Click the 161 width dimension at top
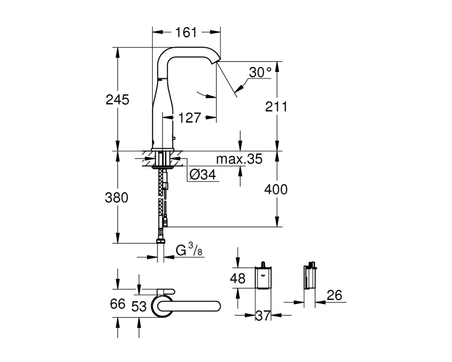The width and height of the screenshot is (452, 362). click(x=186, y=32)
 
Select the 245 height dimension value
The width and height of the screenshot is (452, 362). click(x=118, y=100)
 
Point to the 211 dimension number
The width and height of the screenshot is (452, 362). click(x=277, y=107)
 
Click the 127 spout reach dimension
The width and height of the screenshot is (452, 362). click(x=189, y=118)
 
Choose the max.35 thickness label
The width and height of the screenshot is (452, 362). click(x=240, y=159)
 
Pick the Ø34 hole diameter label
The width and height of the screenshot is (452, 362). click(x=203, y=174)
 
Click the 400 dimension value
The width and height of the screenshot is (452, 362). click(x=276, y=190)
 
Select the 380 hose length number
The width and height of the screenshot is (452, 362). click(x=117, y=198)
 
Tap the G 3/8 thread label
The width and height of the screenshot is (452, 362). click(x=189, y=250)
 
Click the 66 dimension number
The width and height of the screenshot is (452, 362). click(x=118, y=304)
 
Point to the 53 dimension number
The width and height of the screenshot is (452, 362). click(x=139, y=306)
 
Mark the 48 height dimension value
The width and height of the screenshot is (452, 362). click(x=238, y=279)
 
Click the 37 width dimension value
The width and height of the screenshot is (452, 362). click(x=263, y=315)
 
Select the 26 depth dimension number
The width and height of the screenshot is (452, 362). click(x=334, y=295)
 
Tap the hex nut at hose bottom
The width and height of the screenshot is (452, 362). click(x=161, y=241)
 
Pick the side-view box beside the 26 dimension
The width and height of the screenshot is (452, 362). click(x=310, y=276)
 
